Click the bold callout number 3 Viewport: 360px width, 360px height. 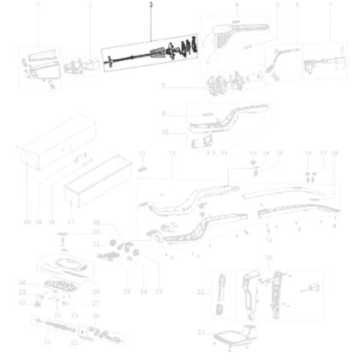click(x=152, y=5)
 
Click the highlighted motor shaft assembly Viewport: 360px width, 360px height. click(x=154, y=54)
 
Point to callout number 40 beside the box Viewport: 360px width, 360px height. click(x=27, y=221)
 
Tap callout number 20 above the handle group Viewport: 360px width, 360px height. click(x=267, y=257)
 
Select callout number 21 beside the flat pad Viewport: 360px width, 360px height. click(x=201, y=333)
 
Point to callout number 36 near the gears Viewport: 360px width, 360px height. click(x=97, y=222)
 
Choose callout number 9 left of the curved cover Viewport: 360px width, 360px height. click(x=164, y=113)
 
